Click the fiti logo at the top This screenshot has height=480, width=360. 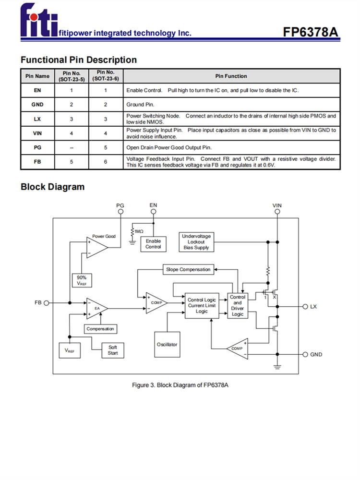pyautogui.click(x=38, y=22)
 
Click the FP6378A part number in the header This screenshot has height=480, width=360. pyautogui.click(x=311, y=32)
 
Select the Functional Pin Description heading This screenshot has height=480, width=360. pyautogui.click(x=79, y=60)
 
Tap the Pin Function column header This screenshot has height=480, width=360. pyautogui.click(x=231, y=76)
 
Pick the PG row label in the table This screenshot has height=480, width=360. pyautogui.click(x=37, y=147)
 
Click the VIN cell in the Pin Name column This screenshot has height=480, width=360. pyautogui.click(x=37, y=133)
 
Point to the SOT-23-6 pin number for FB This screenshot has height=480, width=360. pyautogui.click(x=105, y=162)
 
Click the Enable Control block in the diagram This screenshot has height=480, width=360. pyautogui.click(x=153, y=243)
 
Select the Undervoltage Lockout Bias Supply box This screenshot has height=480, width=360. pyautogui.click(x=196, y=241)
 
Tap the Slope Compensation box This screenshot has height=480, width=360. pyautogui.click(x=188, y=269)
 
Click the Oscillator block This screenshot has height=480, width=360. pyautogui.click(x=167, y=344)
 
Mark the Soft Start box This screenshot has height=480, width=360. pyautogui.click(x=112, y=350)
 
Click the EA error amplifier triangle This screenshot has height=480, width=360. pyautogui.click(x=96, y=308)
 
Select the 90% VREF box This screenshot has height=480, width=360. pyautogui.click(x=82, y=280)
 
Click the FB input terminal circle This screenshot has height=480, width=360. pyautogui.click(x=47, y=303)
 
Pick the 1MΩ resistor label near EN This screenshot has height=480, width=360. pyautogui.click(x=139, y=231)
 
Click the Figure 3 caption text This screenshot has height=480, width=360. pyautogui.click(x=180, y=385)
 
